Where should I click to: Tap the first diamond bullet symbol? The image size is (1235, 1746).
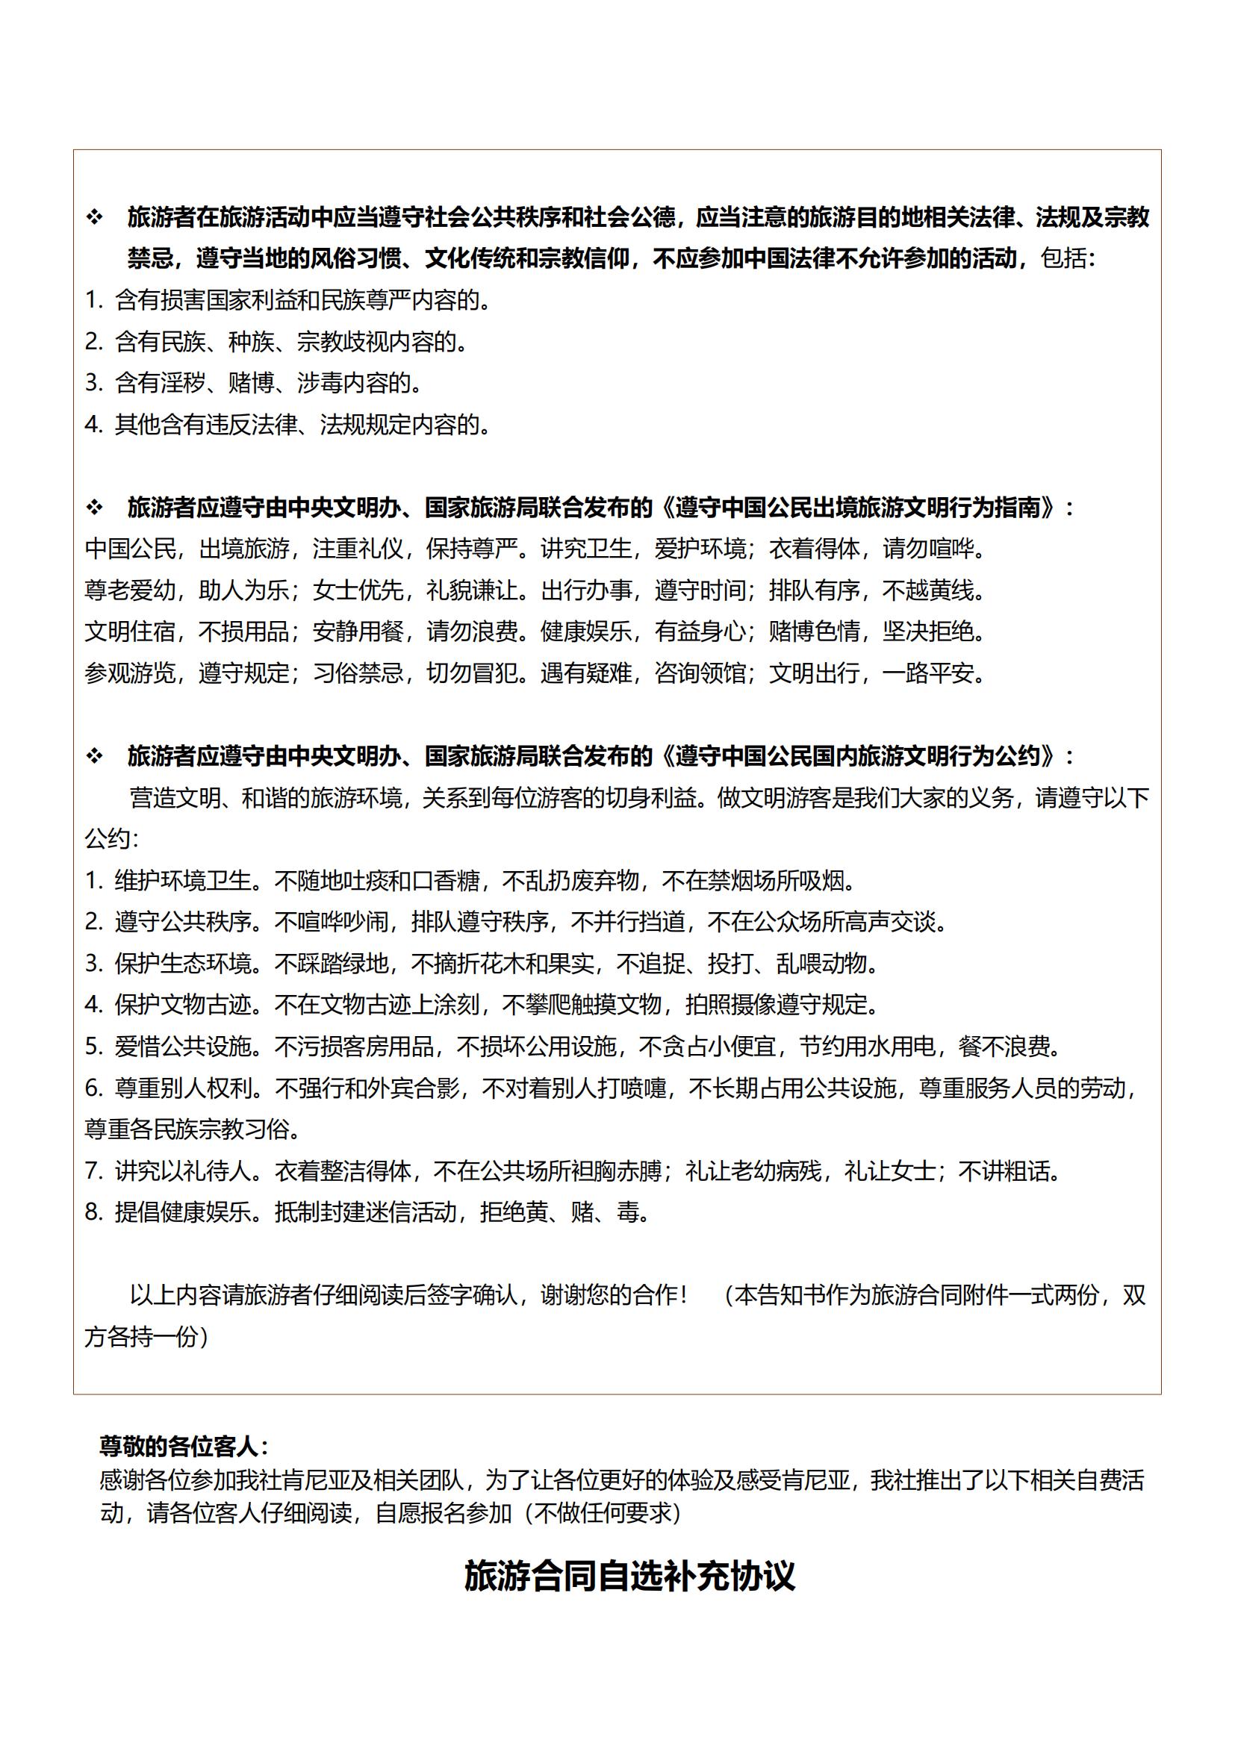94,218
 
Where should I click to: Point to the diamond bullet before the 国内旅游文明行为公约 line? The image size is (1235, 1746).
94,756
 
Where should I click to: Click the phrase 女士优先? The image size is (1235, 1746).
358,590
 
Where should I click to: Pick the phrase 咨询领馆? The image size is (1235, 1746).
700,673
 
